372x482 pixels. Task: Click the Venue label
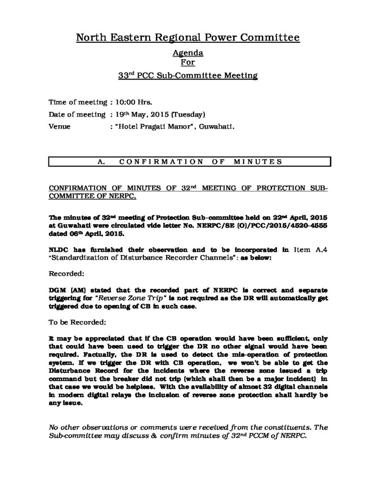(x=60, y=127)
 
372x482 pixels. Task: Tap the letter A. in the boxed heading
(x=100, y=161)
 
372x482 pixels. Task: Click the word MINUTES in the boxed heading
(x=258, y=161)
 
